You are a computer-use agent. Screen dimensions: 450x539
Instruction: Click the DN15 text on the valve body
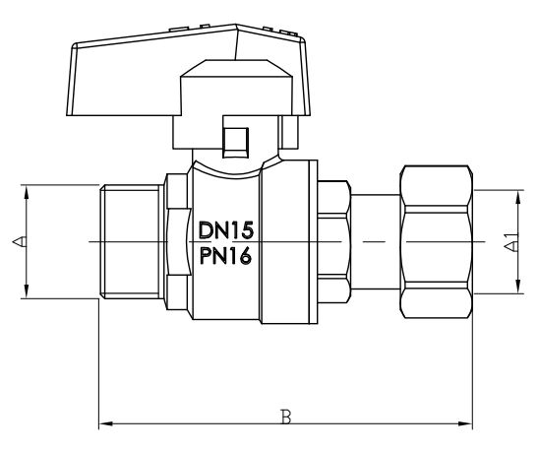(x=226, y=231)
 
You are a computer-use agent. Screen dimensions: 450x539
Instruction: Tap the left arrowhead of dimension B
(x=104, y=425)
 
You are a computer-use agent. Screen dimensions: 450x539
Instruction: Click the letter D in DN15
(x=207, y=231)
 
